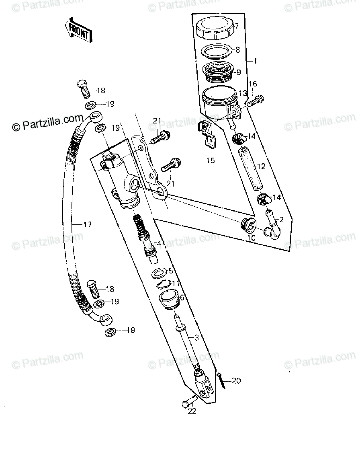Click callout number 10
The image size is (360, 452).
(251, 238)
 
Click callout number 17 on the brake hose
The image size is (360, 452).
(87, 225)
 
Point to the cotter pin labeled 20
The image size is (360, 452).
(222, 382)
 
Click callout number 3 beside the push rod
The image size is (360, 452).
(196, 338)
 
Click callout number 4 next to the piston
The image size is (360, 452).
(159, 244)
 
